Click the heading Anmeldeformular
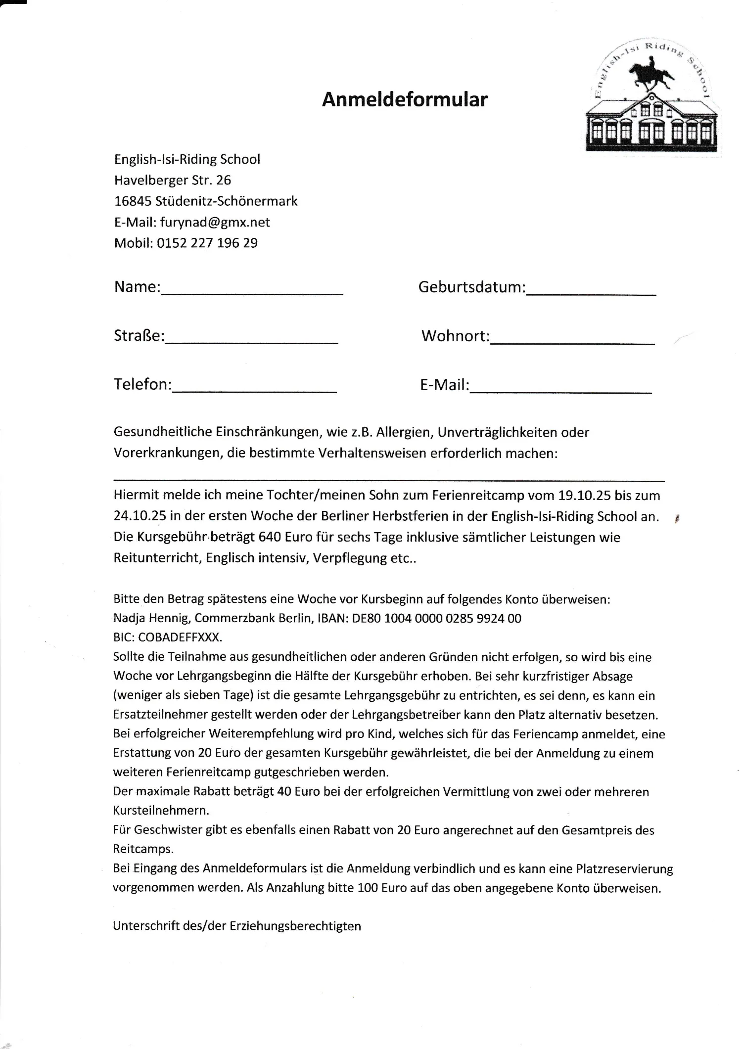point(405,100)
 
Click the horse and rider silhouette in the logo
point(651,75)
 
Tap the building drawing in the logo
point(651,122)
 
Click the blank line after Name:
point(252,292)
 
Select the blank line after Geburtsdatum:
point(591,292)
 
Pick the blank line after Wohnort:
point(572,341)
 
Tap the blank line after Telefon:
point(254,390)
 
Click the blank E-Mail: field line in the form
point(561,390)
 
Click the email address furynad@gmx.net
point(215,223)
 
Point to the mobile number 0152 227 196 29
point(207,243)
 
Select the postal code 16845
point(133,201)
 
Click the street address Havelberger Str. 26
point(173,181)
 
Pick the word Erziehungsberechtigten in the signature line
point(295,926)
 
